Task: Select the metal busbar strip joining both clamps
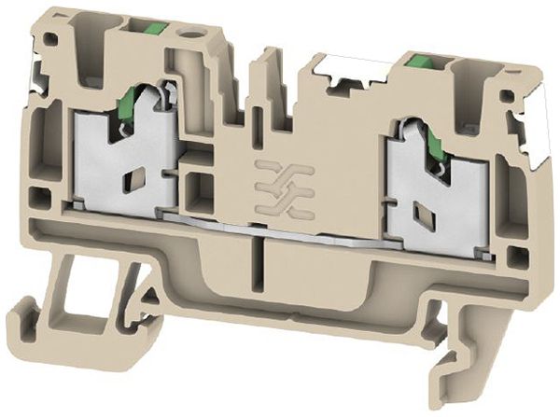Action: [x=280, y=228]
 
